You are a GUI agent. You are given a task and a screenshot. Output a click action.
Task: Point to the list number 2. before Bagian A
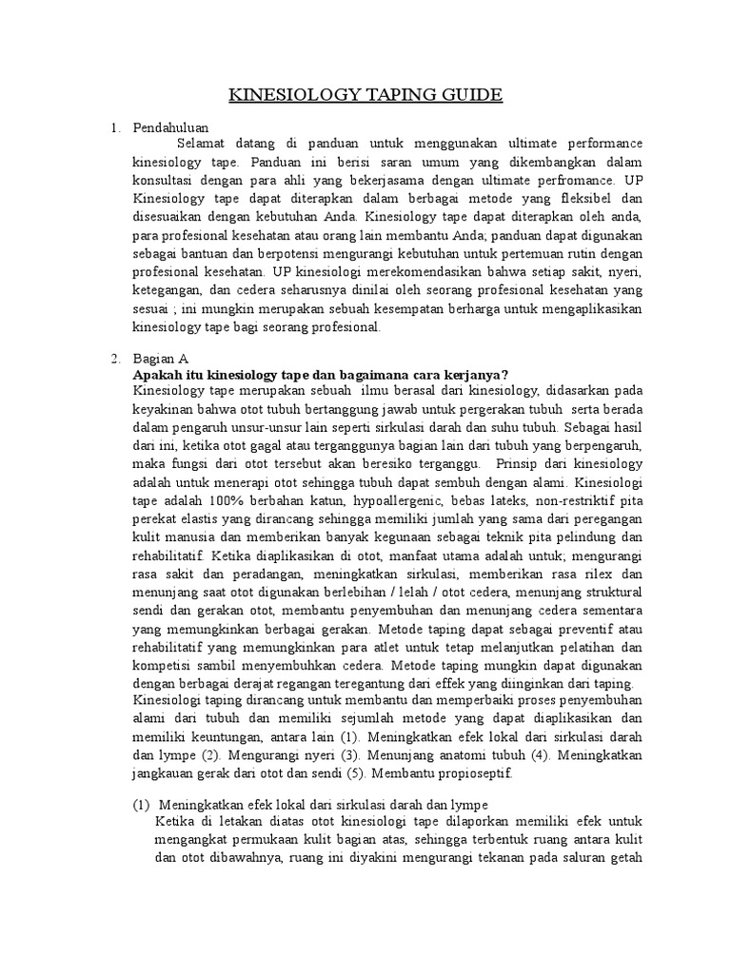(x=115, y=359)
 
